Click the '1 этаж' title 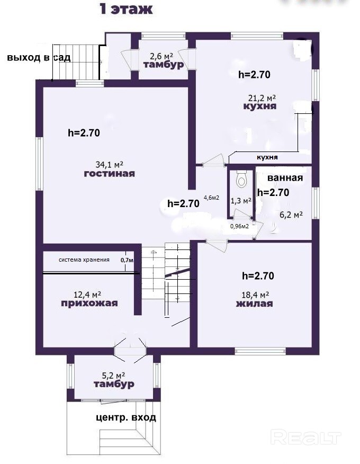[127, 9]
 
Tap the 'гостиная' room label [110, 173]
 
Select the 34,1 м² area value [110, 164]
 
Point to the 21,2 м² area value [262, 97]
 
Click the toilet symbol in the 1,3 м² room [241, 179]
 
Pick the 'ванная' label [285, 178]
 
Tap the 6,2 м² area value [291, 215]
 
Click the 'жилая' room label [255, 304]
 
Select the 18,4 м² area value [255, 295]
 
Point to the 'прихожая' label [89, 304]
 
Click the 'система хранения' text [84, 260]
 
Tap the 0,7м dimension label [127, 261]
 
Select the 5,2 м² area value [113, 376]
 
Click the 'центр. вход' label [126, 417]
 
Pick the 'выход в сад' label [39, 57]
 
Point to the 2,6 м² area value [161, 56]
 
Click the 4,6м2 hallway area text [212, 198]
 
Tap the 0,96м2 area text [239, 226]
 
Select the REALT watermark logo [306, 438]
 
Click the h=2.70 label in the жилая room [258, 276]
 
